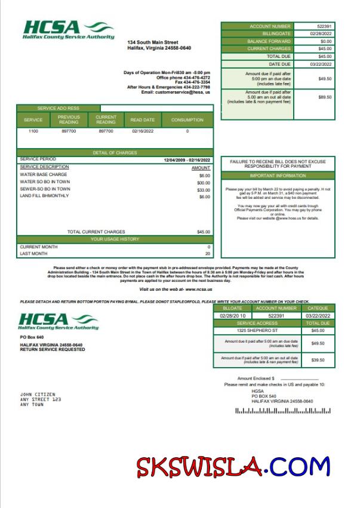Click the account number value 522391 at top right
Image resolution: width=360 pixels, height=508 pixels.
point(325,26)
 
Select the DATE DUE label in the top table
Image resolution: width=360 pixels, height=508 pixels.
point(279,64)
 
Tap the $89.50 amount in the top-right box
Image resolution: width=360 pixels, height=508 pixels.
point(325,97)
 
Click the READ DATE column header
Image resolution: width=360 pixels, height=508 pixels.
point(143,120)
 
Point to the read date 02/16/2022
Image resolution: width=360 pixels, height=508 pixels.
point(143,131)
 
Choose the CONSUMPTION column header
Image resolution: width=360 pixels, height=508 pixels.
point(187,120)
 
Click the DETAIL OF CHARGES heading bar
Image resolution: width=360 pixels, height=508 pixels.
point(115,153)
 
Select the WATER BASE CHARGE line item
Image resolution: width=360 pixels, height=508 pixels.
point(44,175)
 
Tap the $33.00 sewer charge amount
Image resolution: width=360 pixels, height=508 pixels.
point(204,189)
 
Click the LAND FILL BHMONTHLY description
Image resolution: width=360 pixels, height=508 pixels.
point(44,196)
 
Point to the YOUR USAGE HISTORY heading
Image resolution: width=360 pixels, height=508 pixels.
point(115,239)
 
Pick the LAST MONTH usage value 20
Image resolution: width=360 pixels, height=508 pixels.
point(208,254)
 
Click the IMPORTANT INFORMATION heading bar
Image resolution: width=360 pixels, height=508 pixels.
point(278,176)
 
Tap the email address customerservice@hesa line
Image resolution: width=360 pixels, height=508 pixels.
point(176,93)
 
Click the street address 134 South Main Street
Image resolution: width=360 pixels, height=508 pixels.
point(153,42)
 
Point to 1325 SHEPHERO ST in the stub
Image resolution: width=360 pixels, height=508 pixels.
point(257,330)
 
